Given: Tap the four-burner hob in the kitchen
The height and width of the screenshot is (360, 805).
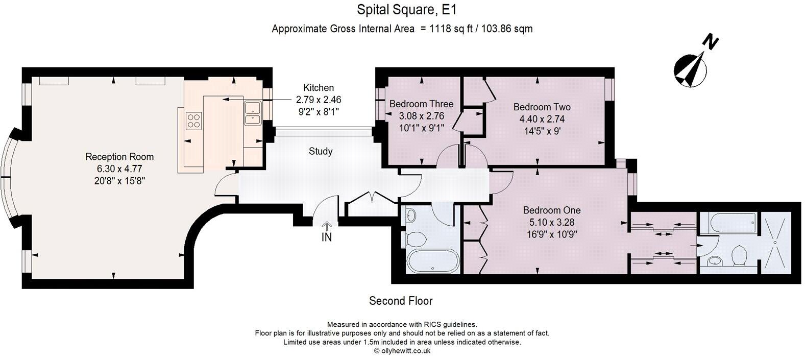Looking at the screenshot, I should click(x=194, y=121).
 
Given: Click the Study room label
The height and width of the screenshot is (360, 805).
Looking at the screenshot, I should click(x=321, y=151).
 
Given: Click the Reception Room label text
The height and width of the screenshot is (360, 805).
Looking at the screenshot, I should click(x=119, y=157).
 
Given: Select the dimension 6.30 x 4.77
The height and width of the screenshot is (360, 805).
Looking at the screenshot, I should click(x=119, y=169).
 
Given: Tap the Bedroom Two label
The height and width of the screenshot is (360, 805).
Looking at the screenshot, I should click(x=542, y=107).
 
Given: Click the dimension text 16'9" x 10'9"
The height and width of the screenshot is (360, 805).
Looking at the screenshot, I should click(x=551, y=234).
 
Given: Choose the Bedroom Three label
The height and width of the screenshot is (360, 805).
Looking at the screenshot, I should click(x=421, y=104).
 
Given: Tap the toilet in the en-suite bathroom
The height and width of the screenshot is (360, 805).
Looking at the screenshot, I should click(x=739, y=256).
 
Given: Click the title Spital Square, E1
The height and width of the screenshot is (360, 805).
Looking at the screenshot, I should click(x=402, y=10).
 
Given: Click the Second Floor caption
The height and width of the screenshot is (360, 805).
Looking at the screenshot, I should click(x=401, y=301).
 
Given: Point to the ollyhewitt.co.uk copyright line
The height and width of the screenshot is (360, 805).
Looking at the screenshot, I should click(x=402, y=351).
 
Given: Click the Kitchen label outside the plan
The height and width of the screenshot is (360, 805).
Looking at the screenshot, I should click(x=318, y=88).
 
